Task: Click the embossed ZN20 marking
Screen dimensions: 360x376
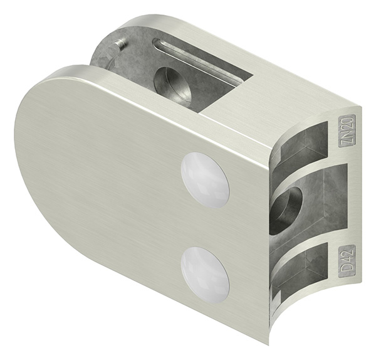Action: [x=347, y=130]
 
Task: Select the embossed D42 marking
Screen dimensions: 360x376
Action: [x=347, y=260]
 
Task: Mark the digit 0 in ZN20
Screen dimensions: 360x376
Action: [x=347, y=119]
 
